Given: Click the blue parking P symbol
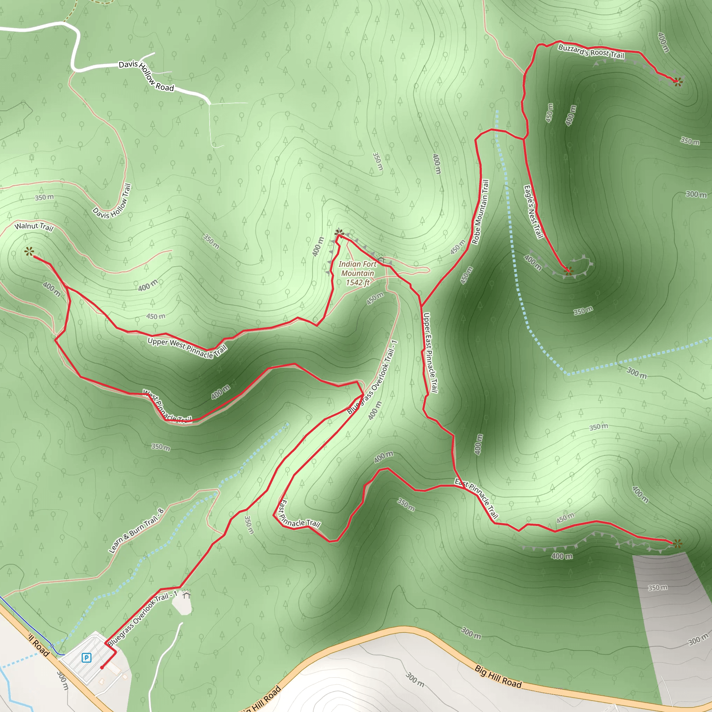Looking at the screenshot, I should pyautogui.click(x=86, y=657).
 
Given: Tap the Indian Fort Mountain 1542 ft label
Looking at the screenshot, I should pyautogui.click(x=357, y=273).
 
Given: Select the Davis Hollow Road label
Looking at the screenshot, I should pyautogui.click(x=146, y=75).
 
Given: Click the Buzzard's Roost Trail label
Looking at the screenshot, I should pyautogui.click(x=591, y=51).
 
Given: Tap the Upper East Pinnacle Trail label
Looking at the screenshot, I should pyautogui.click(x=430, y=353).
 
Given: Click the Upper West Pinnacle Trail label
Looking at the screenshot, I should pyautogui.click(x=187, y=347).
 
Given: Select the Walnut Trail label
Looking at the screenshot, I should pyautogui.click(x=34, y=226).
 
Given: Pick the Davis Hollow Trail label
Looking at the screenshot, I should pyautogui.click(x=112, y=201).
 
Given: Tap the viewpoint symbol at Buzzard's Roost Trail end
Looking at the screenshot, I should pyautogui.click(x=677, y=82).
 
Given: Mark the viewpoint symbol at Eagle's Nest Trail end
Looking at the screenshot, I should pyautogui.click(x=569, y=271).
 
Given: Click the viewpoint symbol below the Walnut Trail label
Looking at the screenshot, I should pyautogui.click(x=29, y=252).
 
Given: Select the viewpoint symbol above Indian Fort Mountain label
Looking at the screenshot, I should pyautogui.click(x=339, y=233).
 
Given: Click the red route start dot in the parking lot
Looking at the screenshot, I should pyautogui.click(x=102, y=667).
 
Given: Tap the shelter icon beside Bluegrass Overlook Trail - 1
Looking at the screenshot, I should pyautogui.click(x=186, y=594).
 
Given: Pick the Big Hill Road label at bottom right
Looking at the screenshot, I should pyautogui.click(x=497, y=677).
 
